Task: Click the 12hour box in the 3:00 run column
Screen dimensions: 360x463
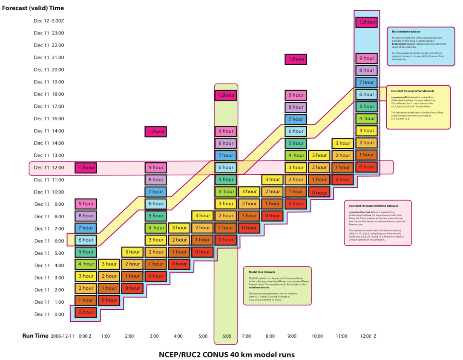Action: tap(155, 132)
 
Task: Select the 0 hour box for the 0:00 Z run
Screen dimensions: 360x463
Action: tap(86, 312)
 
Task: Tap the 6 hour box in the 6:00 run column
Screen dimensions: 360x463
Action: tap(226, 167)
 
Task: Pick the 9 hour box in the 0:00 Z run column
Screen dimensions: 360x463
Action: tap(86, 204)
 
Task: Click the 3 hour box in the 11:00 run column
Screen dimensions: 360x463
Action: tap(342, 144)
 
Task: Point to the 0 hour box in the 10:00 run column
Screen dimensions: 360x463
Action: tap(319, 193)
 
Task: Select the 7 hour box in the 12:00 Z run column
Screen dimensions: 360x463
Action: tap(366, 82)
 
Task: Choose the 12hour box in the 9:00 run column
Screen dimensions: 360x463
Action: tap(296, 59)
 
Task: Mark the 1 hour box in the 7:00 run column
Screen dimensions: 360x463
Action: tap(249, 216)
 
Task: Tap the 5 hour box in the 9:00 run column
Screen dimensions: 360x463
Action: tap(296, 143)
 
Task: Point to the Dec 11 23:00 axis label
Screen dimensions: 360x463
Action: tap(49, 33)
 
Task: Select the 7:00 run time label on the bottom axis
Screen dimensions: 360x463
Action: tap(246, 337)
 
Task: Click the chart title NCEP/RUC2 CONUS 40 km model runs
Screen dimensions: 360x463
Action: tap(227, 354)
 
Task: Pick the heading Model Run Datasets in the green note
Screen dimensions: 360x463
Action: tap(262, 271)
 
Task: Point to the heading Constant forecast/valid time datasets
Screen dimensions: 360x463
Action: tap(374, 205)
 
